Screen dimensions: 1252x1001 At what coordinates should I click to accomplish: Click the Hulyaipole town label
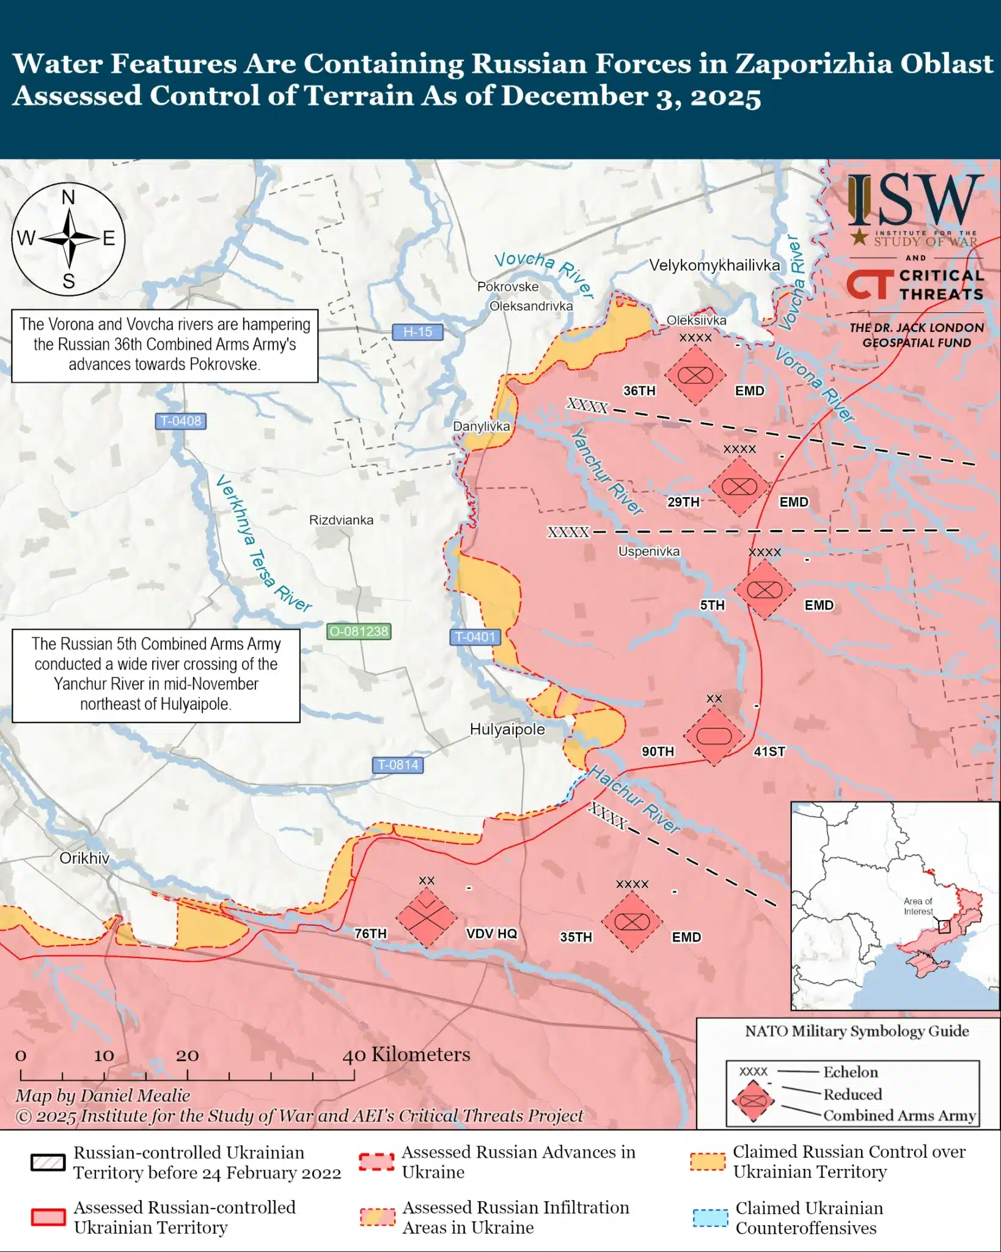coord(507,729)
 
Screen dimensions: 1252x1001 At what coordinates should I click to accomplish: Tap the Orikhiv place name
coord(84,858)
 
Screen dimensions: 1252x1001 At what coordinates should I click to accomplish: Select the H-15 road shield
coord(417,332)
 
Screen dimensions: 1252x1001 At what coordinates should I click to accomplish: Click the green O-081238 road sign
coord(359,632)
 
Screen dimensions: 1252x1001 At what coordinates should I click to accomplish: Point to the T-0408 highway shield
coord(180,421)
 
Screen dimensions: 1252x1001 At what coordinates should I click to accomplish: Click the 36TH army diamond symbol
coord(695,375)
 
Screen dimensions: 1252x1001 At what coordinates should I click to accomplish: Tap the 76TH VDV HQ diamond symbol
coord(426,918)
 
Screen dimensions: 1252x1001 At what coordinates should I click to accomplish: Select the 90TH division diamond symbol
coord(714,735)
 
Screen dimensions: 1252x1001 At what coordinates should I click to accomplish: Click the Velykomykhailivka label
coord(714,265)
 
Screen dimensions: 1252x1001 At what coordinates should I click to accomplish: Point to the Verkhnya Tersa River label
coord(263,543)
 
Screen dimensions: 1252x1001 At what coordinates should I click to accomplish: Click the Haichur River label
coord(634,800)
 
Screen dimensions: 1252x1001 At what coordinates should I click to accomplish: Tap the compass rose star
coord(69,238)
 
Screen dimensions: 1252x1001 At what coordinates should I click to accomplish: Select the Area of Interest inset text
coord(918,906)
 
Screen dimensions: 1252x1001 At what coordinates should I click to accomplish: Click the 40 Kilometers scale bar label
coord(406,1055)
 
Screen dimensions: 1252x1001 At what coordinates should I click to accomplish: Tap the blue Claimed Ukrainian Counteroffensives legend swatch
coord(710,1218)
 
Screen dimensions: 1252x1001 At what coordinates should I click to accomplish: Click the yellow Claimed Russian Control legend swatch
coord(708,1162)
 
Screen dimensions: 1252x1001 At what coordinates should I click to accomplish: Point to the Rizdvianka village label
coord(341,520)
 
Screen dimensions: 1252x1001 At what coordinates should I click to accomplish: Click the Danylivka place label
coord(481,426)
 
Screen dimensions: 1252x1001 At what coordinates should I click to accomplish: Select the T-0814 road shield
coord(398,765)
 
